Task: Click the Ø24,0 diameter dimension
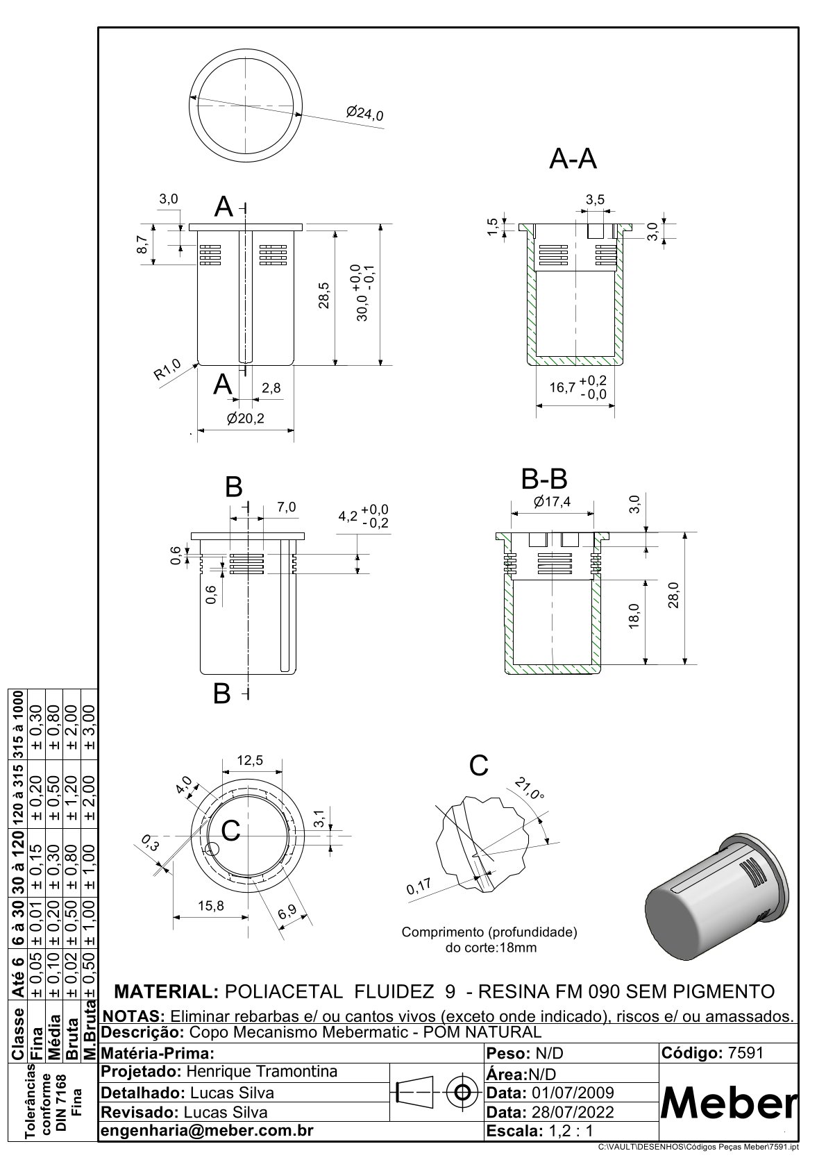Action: point(364,112)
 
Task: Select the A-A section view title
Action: point(573,160)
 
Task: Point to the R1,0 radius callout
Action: point(167,369)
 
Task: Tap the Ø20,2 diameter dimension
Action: point(246,419)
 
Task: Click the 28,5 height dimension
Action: point(324,296)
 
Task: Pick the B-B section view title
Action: point(544,480)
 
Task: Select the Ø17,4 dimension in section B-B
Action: point(553,503)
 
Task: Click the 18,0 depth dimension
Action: point(633,616)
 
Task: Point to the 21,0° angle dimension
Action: point(530,790)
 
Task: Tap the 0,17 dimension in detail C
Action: point(419,887)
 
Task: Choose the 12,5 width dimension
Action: point(250,760)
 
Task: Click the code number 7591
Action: point(745,1052)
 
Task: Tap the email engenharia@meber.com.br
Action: point(208,1130)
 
